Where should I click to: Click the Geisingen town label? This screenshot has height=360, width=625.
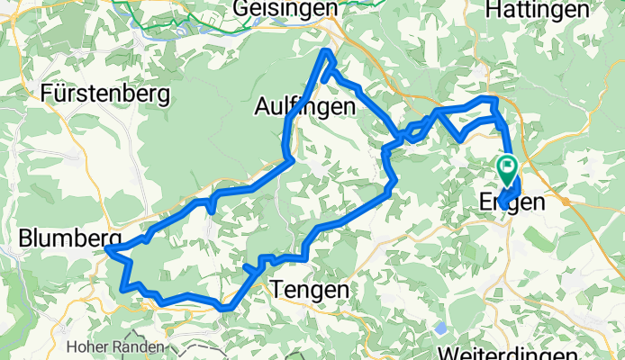285,8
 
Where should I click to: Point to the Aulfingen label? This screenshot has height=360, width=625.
306,107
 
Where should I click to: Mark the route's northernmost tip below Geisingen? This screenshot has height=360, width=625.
329,54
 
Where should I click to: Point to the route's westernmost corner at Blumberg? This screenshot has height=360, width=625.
107,247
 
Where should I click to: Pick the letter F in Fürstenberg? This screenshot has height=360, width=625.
46,92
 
